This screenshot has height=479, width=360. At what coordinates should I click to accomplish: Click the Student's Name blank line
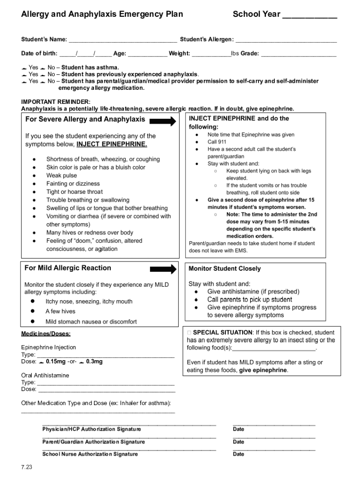coord(122,40)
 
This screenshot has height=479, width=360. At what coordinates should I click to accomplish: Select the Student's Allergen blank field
coord(286,40)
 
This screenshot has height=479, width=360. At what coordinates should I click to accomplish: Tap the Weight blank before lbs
coord(211,54)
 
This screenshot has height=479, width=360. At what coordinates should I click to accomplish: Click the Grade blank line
coord(298,54)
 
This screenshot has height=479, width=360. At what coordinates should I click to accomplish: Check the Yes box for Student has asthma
coord(24,67)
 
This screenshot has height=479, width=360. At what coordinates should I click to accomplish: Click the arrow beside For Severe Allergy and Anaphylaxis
coord(163,121)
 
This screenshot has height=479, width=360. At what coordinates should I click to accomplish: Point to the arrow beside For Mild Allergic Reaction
coord(163,269)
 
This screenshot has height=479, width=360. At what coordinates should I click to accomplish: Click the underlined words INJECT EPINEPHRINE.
coord(112,144)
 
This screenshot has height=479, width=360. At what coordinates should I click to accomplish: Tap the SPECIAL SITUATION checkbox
coord(189,333)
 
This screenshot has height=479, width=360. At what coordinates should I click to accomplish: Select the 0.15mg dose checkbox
coord(42,362)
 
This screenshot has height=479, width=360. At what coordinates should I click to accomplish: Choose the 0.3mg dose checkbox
coord(82,362)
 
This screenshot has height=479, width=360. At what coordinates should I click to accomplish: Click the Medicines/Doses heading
coord(46,334)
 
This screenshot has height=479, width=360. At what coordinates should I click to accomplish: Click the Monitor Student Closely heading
coord(224,269)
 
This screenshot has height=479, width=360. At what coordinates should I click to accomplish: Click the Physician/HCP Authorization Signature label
coord(92,429)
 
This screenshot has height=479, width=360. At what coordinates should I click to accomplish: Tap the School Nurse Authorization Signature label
coord(90,454)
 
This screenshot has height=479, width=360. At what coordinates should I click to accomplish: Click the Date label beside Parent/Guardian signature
coord(238,442)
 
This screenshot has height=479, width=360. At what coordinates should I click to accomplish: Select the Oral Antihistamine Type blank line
coord(105,383)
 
